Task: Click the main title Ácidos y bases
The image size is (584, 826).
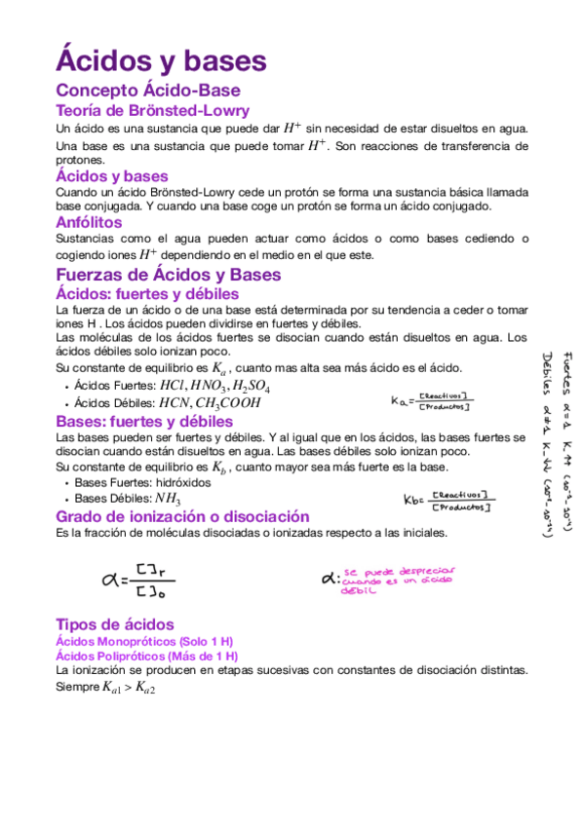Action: (161, 60)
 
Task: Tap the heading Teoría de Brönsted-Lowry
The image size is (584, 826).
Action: (152, 110)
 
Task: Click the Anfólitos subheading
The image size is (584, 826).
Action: (89, 223)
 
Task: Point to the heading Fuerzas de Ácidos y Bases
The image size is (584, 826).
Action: (169, 275)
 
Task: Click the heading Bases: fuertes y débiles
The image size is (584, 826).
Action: (144, 422)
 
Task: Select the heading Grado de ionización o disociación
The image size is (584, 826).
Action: (182, 516)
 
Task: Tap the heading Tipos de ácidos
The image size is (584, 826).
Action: (115, 624)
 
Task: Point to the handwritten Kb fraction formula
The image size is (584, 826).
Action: (448, 501)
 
